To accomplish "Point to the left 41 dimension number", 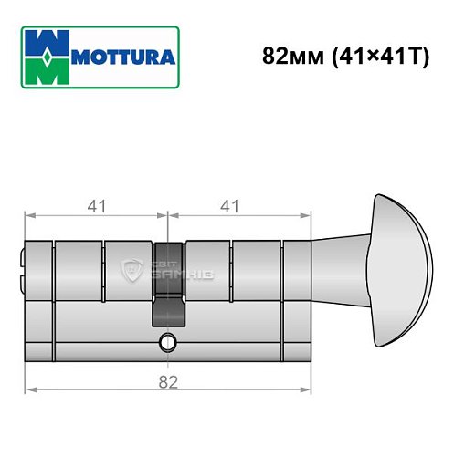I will (95, 205).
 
